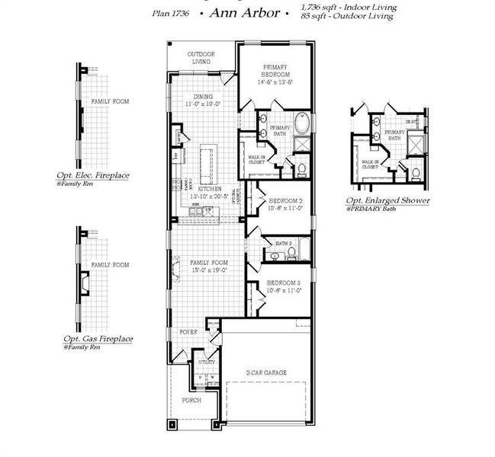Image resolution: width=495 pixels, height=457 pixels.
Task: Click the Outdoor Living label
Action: (201, 58)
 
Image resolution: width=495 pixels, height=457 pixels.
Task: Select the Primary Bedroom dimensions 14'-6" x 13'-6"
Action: (275, 81)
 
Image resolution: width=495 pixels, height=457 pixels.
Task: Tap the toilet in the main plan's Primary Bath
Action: (301, 168)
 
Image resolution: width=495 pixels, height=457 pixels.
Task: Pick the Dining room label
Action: (203, 97)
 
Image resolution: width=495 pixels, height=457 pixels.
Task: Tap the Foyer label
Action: (189, 333)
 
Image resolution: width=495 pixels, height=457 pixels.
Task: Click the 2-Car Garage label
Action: (267, 372)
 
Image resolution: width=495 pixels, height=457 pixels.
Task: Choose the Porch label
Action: (191, 400)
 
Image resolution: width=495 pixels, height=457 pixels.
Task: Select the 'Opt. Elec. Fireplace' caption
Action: (97, 175)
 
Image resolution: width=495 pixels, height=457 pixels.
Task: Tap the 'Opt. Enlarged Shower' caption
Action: (387, 200)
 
